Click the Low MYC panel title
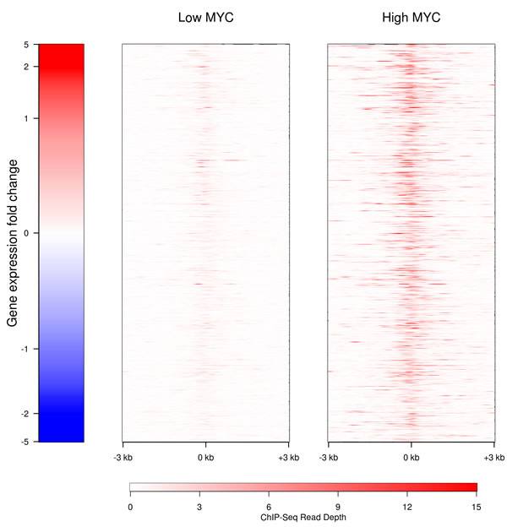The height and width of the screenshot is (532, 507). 205,17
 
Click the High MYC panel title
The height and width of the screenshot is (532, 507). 411,17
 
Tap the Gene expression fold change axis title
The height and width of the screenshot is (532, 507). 13,243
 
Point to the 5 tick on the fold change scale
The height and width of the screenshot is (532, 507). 26,45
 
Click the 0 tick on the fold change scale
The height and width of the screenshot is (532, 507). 26,233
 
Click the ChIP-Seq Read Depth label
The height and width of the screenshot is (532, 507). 303,518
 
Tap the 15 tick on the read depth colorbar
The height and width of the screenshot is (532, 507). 477,506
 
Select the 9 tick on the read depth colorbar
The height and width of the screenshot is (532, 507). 338,506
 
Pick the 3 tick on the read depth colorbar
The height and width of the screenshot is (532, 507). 199,506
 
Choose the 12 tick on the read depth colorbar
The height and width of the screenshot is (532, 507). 407,506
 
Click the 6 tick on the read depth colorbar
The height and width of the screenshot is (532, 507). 269,506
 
